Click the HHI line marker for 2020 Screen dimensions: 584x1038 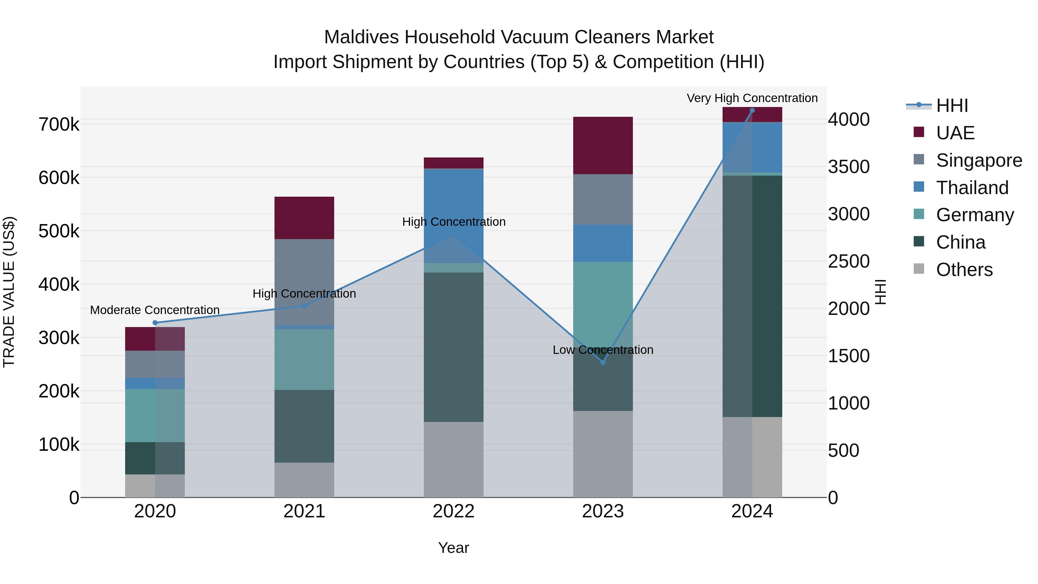coord(155,323)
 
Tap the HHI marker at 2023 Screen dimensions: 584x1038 coord(603,362)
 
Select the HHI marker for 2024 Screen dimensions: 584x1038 coord(752,110)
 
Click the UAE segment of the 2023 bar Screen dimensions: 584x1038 coord(603,146)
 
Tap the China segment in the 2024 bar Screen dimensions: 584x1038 coord(752,296)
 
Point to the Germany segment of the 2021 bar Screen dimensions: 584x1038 coord(304,360)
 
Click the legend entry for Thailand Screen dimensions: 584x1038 coord(972,188)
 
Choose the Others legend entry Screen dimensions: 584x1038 coord(964,270)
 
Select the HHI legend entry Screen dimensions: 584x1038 coord(952,106)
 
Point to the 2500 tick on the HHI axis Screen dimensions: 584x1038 coord(849,262)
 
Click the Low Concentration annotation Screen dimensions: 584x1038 coord(603,350)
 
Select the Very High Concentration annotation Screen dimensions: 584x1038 coord(752,98)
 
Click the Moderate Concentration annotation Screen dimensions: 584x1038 coord(155,310)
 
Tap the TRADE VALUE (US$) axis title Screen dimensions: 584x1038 coord(9,292)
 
